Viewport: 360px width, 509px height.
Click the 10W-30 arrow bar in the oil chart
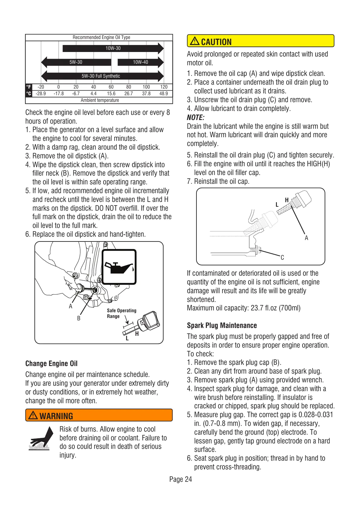click(x=113, y=48)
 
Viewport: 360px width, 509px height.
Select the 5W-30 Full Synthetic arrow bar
click(x=101, y=76)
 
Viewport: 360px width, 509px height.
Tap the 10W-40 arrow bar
click(x=141, y=62)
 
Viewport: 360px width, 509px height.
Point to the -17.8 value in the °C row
click(x=59, y=94)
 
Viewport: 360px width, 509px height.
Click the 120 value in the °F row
click(x=164, y=87)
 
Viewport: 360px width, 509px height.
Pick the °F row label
click(x=29, y=87)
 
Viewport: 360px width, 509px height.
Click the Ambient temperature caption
click(x=100, y=100)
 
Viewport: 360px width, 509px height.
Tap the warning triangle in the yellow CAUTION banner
click(x=195, y=41)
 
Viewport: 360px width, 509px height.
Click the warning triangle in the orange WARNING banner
click(x=33, y=416)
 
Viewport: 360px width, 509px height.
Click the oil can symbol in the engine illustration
click(x=119, y=267)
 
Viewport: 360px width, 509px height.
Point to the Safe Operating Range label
click(x=122, y=313)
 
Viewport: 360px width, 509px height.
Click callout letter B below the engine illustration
click(x=79, y=318)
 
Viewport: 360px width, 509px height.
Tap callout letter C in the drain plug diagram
click(x=282, y=258)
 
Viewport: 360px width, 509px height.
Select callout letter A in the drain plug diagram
click(x=306, y=238)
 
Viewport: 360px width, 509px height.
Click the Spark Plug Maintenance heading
click(x=222, y=326)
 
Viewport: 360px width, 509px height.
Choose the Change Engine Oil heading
click(x=51, y=364)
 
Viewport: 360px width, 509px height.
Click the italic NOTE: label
click(x=196, y=118)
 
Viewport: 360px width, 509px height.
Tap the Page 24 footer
click(x=180, y=479)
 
